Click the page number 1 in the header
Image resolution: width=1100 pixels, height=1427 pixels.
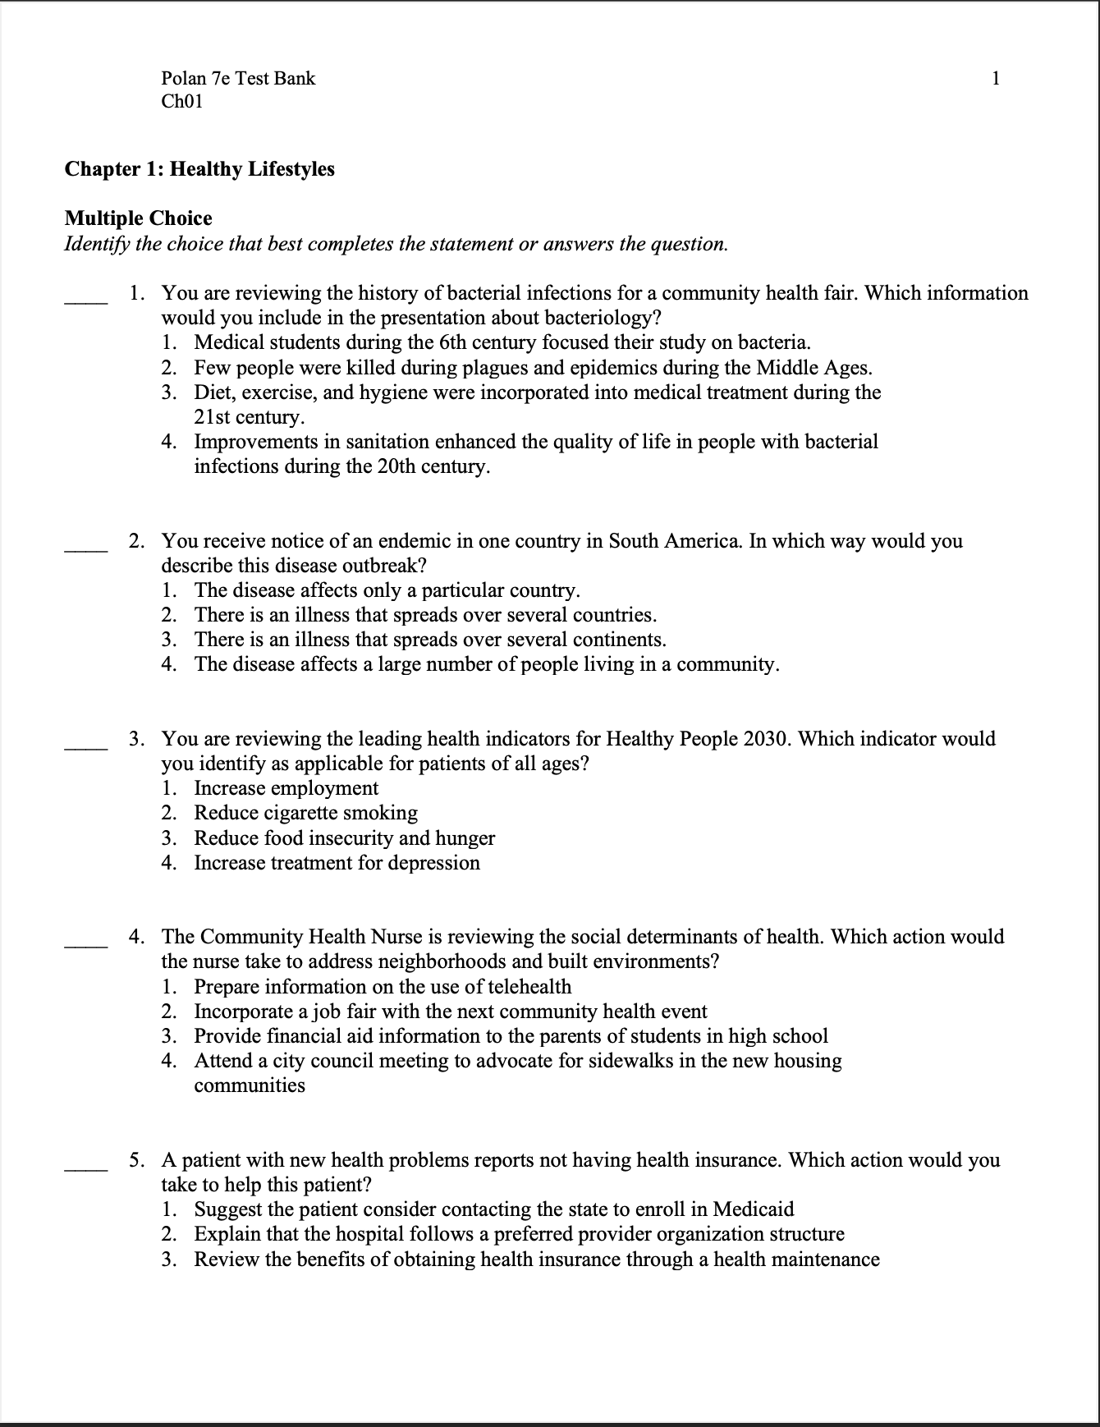996,79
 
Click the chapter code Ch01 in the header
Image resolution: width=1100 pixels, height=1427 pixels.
182,102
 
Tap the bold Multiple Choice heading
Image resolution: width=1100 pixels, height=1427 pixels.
138,218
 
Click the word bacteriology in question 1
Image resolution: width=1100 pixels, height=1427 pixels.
598,319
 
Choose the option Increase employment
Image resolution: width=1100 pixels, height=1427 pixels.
286,789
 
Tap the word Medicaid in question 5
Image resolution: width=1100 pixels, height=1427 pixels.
754,1209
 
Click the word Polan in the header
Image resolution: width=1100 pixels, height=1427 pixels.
184,79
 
